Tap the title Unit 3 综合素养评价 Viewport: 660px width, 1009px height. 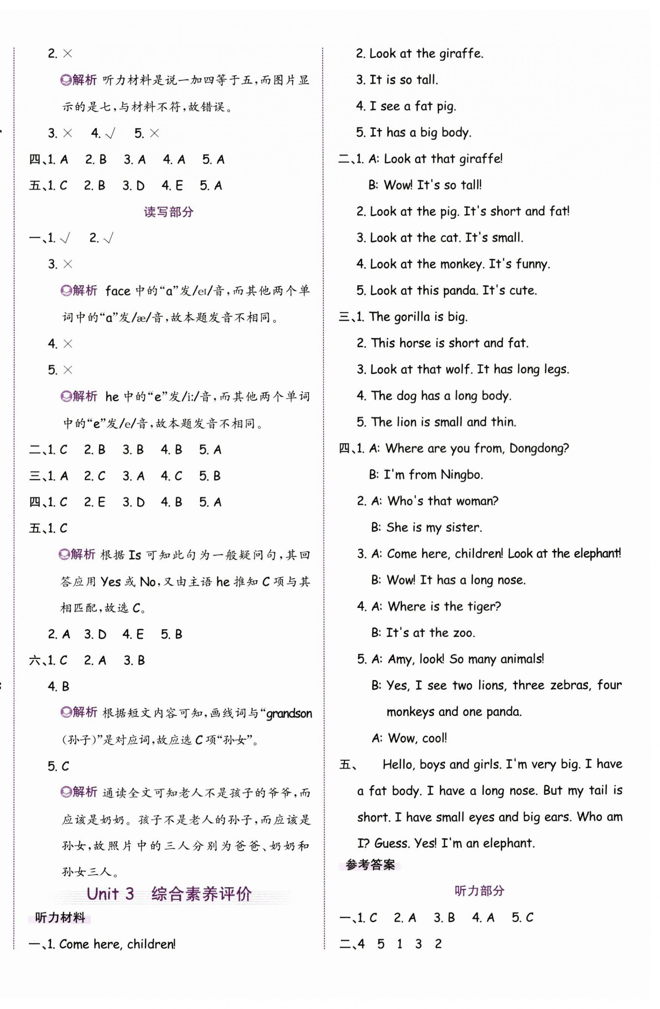(x=169, y=893)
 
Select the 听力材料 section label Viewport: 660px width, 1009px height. (x=60, y=918)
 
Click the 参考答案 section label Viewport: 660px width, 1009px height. (x=370, y=864)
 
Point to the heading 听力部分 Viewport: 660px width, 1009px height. (x=479, y=891)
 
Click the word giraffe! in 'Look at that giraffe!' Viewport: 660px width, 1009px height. (x=480, y=159)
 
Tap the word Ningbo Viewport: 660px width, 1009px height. (x=462, y=474)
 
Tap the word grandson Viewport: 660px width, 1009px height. (x=289, y=713)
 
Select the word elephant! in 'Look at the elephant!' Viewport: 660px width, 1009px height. (x=598, y=553)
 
